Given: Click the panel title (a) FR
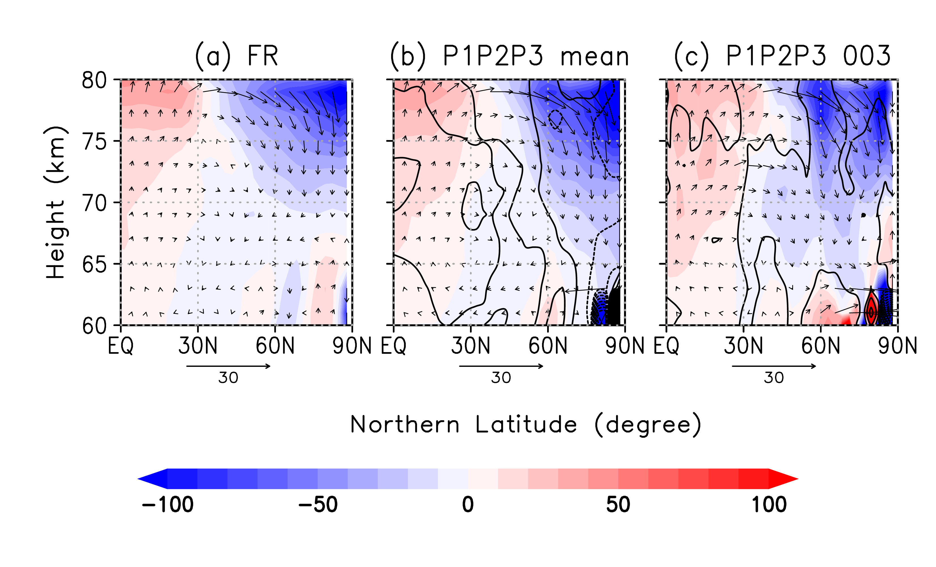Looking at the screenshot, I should (x=236, y=56).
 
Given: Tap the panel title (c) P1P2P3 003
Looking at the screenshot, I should (x=782, y=56).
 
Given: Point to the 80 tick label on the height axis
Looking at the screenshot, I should (x=94, y=81).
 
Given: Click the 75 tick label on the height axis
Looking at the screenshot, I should (x=94, y=142).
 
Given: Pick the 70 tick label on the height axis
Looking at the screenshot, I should (x=94, y=203).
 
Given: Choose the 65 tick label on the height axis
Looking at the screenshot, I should (x=94, y=265).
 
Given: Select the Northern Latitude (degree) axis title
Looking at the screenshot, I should (x=525, y=425).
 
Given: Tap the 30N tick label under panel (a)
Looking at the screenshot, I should (x=197, y=346).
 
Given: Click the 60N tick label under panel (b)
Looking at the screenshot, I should (x=548, y=346).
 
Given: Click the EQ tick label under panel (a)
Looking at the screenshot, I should (x=121, y=346).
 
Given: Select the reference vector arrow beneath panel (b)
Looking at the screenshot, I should (x=501, y=366).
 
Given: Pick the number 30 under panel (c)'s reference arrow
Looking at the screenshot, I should (x=774, y=378).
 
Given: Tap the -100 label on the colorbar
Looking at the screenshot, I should (x=168, y=505).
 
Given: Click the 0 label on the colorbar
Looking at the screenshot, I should (x=468, y=505).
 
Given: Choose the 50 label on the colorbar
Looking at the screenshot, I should (x=618, y=505).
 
